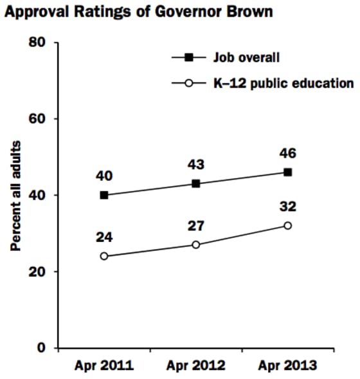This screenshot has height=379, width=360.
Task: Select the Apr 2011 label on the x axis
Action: [x=104, y=366]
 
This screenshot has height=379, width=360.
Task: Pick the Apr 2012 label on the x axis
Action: [x=196, y=366]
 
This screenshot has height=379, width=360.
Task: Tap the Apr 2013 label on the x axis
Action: [x=287, y=366]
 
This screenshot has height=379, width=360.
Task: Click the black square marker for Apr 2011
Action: [x=104, y=195]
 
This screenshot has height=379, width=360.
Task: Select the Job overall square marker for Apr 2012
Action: [x=196, y=183]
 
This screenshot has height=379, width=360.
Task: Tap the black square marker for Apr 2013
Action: [x=287, y=172]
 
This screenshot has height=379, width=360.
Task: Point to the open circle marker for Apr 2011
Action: [x=104, y=256]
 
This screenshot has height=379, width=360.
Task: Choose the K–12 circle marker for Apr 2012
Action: [x=196, y=245]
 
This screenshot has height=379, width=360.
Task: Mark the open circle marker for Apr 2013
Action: [x=287, y=225]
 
